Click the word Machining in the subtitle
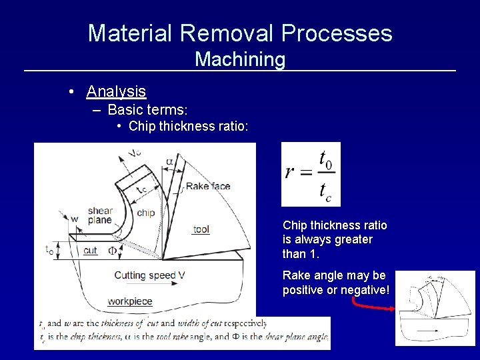(240, 59)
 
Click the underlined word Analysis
(116, 91)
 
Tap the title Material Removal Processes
(240, 32)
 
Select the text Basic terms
(147, 109)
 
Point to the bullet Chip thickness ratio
(189, 126)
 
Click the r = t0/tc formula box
(311, 174)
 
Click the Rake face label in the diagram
(207, 186)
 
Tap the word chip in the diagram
(145, 213)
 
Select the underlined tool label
(201, 229)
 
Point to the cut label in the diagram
(91, 251)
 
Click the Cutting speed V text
(149, 275)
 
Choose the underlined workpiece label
(130, 301)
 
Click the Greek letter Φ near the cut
(113, 251)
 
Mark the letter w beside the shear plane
(74, 219)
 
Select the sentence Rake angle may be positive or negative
(335, 283)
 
